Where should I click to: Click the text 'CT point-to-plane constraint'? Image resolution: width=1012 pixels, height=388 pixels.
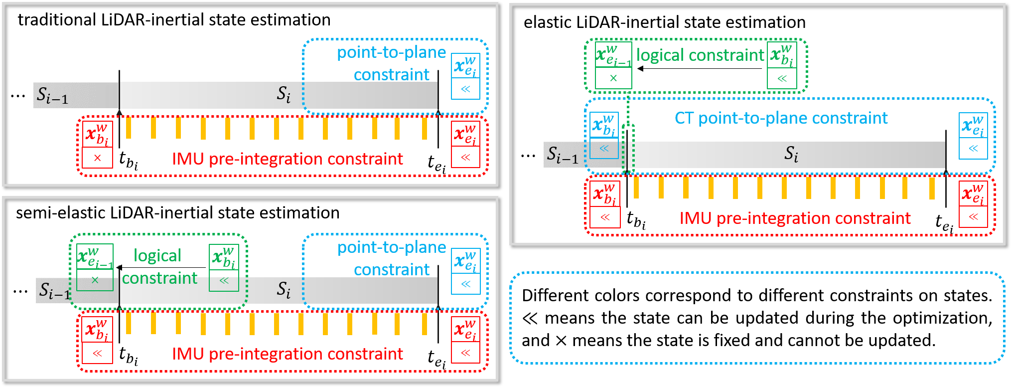click(781, 118)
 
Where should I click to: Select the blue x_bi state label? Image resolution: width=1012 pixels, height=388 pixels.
click(604, 126)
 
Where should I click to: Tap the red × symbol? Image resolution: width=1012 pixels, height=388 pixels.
click(98, 158)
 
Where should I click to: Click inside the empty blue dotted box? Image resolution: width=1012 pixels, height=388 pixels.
click(756, 318)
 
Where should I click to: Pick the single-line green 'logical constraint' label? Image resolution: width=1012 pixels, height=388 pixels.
click(700, 55)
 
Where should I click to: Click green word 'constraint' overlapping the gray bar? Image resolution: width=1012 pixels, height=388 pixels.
click(159, 278)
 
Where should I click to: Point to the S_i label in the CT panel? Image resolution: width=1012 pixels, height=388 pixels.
click(791, 154)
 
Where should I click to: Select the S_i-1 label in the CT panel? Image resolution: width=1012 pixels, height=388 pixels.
click(562, 155)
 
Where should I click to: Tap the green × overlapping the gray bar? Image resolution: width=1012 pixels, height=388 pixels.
click(95, 280)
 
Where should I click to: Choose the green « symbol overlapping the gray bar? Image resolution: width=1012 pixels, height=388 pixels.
click(224, 281)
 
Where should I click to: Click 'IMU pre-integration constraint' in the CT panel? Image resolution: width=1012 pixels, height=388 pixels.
click(795, 218)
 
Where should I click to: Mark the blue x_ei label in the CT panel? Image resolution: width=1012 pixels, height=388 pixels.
click(973, 126)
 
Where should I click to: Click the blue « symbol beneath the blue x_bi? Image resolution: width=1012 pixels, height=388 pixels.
click(604, 149)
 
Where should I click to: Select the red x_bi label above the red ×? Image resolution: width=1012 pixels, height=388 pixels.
click(97, 135)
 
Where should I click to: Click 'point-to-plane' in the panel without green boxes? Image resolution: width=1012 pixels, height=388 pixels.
click(391, 52)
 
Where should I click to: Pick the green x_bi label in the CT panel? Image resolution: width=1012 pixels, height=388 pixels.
click(781, 55)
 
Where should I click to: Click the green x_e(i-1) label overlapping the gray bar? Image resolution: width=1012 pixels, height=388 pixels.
click(95, 257)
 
